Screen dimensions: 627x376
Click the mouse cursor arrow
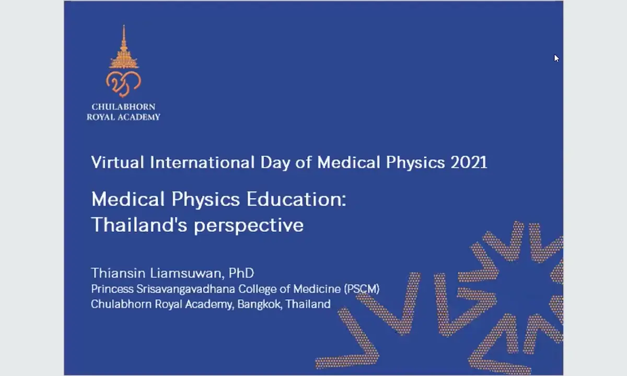coord(556,58)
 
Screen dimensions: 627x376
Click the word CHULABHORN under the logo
coord(123,107)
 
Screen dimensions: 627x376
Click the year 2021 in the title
coord(469,162)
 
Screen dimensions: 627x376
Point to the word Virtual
coord(118,162)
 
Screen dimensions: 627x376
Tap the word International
coord(202,162)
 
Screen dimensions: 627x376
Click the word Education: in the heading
coord(296,199)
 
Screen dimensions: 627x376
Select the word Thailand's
coord(139,225)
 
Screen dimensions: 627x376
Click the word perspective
coord(249,226)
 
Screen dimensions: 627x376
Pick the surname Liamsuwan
coord(187,273)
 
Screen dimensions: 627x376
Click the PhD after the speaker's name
coord(241,273)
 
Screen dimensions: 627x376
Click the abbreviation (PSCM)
coord(362,289)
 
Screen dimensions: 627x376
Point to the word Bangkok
coord(259,304)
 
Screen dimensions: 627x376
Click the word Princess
coord(112,289)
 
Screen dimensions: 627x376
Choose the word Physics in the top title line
coord(415,163)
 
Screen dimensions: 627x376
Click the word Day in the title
coord(275,163)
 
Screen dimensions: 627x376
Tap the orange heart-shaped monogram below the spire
coord(123,84)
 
